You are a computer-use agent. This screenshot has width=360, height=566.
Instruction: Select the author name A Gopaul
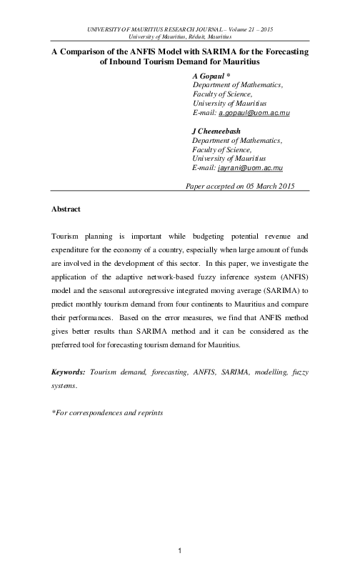(209, 75)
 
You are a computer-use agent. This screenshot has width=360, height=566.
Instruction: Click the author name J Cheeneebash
(219, 131)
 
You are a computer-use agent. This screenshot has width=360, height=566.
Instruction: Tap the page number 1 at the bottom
(180, 550)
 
